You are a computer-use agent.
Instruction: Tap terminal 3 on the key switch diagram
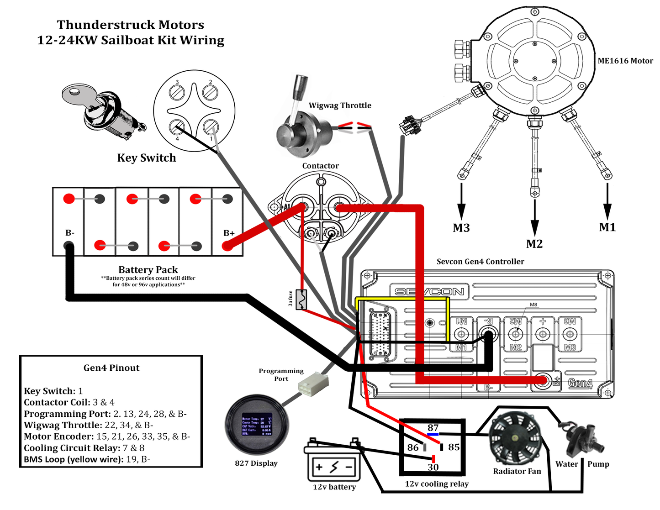pos(177,92)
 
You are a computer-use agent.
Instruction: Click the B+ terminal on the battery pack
pos(227,246)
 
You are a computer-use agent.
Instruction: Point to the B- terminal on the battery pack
pos(69,247)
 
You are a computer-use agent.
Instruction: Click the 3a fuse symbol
pos(301,300)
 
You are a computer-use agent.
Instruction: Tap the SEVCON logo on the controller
pos(429,292)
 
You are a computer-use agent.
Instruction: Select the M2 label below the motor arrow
pos(534,244)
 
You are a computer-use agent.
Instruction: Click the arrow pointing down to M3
pos(461,201)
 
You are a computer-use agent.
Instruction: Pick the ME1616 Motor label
pos(625,61)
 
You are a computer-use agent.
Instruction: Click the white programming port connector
pos(313,383)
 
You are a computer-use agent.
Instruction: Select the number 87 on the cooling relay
pos(433,428)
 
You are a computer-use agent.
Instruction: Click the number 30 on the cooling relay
pos(433,467)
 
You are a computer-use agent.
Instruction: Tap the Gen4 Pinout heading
pos(111,368)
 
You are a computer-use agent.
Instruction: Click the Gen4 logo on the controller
pos(580,383)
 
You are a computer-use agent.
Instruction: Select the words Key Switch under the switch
pos(146,158)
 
